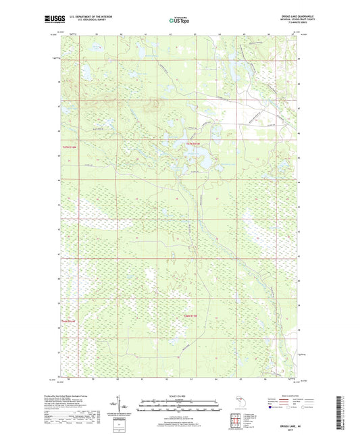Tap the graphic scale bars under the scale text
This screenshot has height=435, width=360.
180,405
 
